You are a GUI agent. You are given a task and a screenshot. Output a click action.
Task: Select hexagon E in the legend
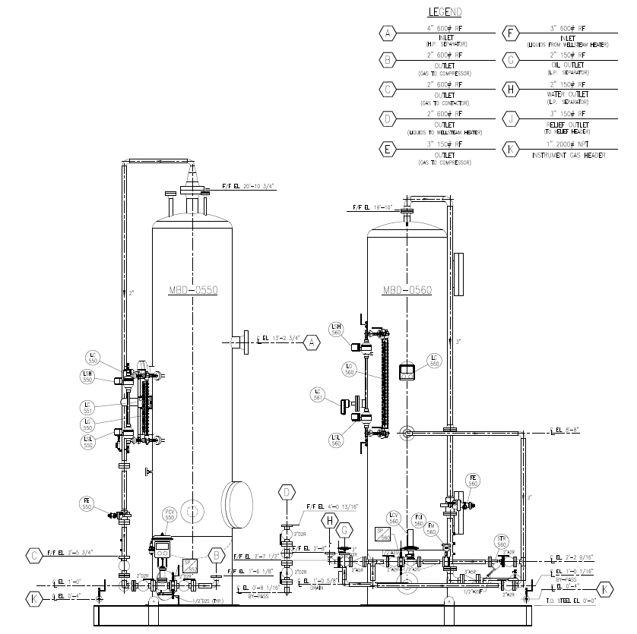tap(388, 149)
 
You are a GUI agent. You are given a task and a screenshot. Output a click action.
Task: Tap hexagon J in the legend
tap(511, 120)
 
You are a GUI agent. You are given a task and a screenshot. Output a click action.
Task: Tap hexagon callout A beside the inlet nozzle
tap(311, 343)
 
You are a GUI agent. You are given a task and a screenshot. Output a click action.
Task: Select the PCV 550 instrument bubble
tap(170, 515)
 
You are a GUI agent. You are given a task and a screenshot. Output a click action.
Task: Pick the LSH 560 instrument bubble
tap(336, 329)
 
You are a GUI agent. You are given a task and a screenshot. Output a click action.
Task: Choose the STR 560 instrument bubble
tap(501, 541)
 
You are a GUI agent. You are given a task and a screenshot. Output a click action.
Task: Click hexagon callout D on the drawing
tap(287, 493)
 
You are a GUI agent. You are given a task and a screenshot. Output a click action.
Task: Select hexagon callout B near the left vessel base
tap(217, 556)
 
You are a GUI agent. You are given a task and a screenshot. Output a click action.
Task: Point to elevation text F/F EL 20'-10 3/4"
tap(248, 185)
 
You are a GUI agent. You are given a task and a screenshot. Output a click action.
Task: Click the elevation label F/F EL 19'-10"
tap(369, 207)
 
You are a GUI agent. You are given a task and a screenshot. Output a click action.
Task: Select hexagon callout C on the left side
tap(34, 556)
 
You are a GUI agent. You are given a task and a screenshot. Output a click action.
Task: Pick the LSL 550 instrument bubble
tap(89, 442)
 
